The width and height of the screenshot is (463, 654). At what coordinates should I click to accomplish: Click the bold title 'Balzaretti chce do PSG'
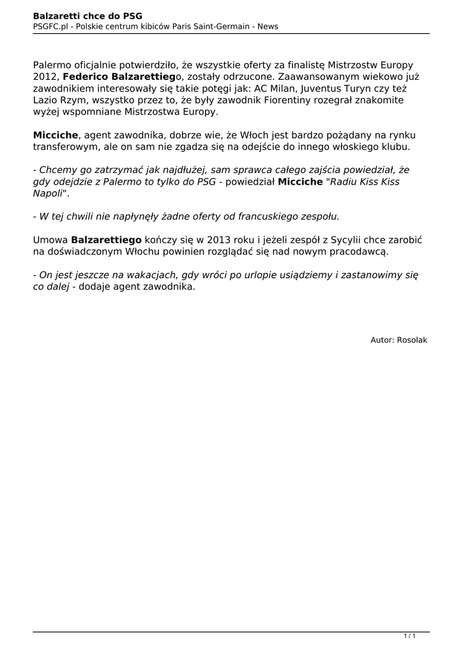point(87,15)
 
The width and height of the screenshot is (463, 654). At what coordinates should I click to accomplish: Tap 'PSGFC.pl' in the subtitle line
point(50,26)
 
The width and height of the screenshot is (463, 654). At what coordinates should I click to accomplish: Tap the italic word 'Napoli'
point(48,193)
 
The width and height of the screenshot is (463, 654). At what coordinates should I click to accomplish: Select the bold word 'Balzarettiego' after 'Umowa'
point(106,240)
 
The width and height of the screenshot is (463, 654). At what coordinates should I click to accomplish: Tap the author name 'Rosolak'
point(412,340)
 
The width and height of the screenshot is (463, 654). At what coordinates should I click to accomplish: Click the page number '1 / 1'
point(410,636)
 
